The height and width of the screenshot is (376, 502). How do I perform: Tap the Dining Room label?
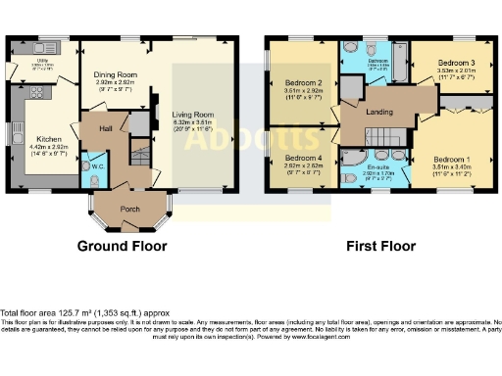coord(114,74)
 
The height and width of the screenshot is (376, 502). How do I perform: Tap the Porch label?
coord(129,209)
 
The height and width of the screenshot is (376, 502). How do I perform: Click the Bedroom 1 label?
coord(452,159)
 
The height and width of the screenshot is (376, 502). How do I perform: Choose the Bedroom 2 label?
coord(304,82)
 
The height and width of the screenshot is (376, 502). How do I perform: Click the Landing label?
coord(379,112)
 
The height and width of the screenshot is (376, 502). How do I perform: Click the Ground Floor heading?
coord(126,246)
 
